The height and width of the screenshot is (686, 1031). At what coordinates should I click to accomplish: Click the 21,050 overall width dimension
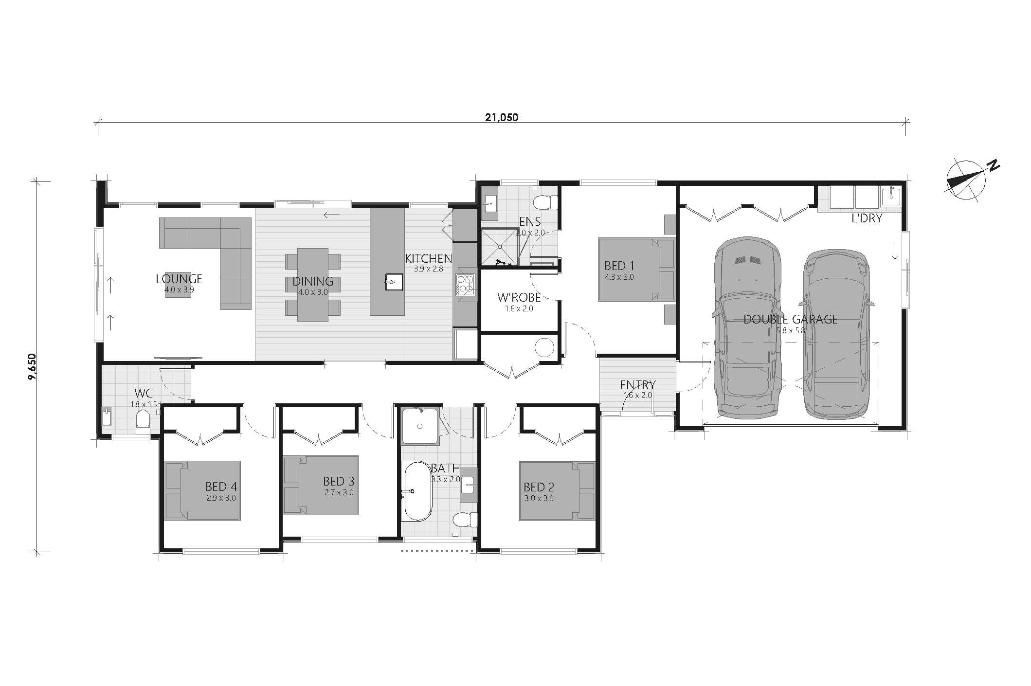(x=501, y=117)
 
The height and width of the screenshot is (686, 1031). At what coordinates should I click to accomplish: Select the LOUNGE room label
(x=179, y=279)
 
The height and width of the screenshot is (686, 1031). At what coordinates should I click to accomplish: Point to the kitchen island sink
(x=393, y=282)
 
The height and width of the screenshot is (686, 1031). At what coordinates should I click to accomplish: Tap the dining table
(x=313, y=285)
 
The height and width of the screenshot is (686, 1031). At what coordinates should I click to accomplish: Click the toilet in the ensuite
(x=545, y=201)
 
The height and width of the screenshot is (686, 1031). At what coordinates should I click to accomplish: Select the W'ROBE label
(x=519, y=297)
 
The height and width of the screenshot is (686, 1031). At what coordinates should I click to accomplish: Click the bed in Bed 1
(x=636, y=269)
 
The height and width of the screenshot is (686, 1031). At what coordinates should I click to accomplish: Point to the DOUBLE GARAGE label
(x=791, y=319)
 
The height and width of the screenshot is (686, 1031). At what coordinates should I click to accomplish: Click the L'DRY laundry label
(x=867, y=218)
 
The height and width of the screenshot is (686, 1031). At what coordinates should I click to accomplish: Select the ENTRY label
(x=638, y=385)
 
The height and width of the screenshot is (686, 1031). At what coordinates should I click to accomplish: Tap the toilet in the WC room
(x=143, y=421)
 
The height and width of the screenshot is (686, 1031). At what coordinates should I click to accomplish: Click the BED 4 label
(x=221, y=486)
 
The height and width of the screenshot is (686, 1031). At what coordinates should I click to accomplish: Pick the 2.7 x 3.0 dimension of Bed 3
(x=339, y=492)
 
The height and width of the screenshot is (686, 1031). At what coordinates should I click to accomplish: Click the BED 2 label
(x=539, y=487)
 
